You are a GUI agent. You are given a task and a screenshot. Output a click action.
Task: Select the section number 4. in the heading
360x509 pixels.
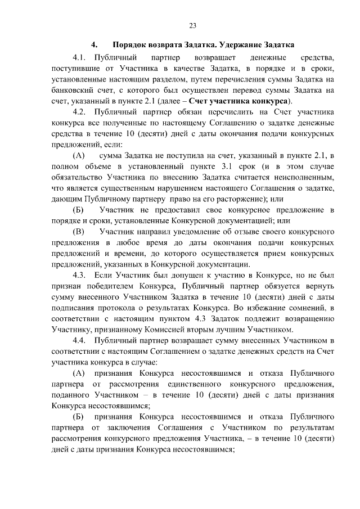(94, 44)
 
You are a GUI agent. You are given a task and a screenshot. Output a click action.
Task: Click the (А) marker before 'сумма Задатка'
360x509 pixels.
(79, 155)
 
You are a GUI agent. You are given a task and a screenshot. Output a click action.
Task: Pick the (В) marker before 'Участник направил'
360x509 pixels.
(79, 231)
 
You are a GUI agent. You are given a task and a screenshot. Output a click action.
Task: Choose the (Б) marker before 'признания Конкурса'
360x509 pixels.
(79, 417)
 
